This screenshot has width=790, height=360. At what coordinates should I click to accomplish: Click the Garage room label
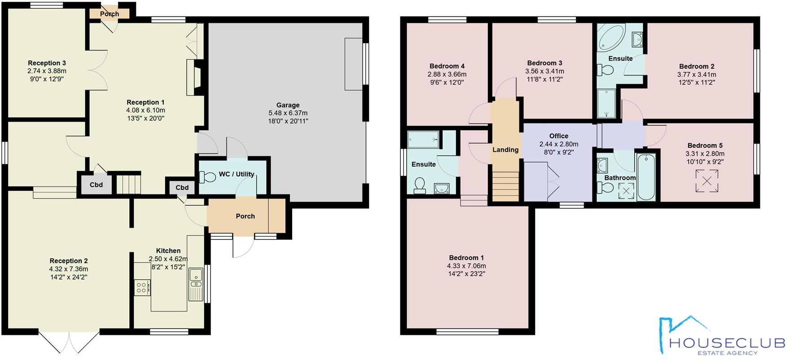coord(288,105)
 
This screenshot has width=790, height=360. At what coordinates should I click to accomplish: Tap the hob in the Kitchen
coord(142,287)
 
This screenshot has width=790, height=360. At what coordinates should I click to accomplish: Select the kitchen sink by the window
coord(196,278)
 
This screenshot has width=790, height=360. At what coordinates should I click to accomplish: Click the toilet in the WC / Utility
coord(207,177)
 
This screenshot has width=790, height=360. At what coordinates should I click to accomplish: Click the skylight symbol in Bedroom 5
coord(706,181)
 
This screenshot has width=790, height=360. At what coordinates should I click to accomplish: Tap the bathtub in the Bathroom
coord(646,177)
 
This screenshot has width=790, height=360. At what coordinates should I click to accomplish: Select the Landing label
coord(505,150)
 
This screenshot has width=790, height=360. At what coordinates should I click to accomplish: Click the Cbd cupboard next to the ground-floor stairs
coord(96,184)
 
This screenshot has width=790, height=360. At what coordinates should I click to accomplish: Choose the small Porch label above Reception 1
coord(110,14)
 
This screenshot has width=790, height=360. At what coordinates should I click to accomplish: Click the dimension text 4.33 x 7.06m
coord(466,266)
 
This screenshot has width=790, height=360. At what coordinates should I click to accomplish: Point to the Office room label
coord(559,136)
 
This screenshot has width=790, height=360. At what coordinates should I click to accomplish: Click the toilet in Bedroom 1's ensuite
coord(420,186)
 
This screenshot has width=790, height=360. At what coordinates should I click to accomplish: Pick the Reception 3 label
coord(47,63)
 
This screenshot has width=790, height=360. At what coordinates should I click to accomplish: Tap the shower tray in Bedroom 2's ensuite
coord(607,103)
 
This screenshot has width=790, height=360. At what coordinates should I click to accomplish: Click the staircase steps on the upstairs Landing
coord(505,187)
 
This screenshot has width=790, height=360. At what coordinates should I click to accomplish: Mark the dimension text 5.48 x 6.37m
coord(288,113)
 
